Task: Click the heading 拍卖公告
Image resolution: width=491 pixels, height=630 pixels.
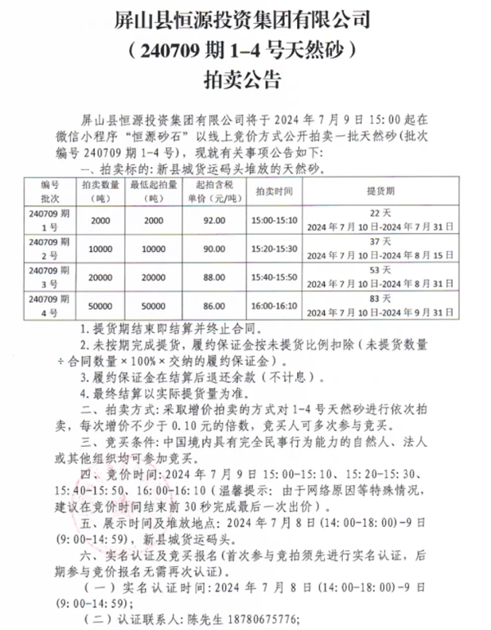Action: pyautogui.click(x=245, y=79)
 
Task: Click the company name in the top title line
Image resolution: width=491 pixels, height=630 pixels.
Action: pyautogui.click(x=245, y=17)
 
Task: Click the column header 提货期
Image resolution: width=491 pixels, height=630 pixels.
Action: pyautogui.click(x=378, y=193)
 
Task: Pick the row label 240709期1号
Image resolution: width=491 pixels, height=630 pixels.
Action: pyautogui.click(x=51, y=221)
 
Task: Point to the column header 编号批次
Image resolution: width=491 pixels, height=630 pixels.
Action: pyautogui.click(x=51, y=193)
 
